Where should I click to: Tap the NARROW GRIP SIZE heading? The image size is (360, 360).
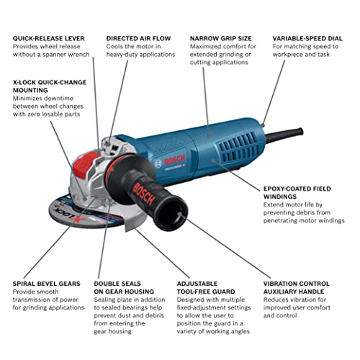tap(221, 38)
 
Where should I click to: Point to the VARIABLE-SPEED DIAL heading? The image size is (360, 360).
tap(309, 38)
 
